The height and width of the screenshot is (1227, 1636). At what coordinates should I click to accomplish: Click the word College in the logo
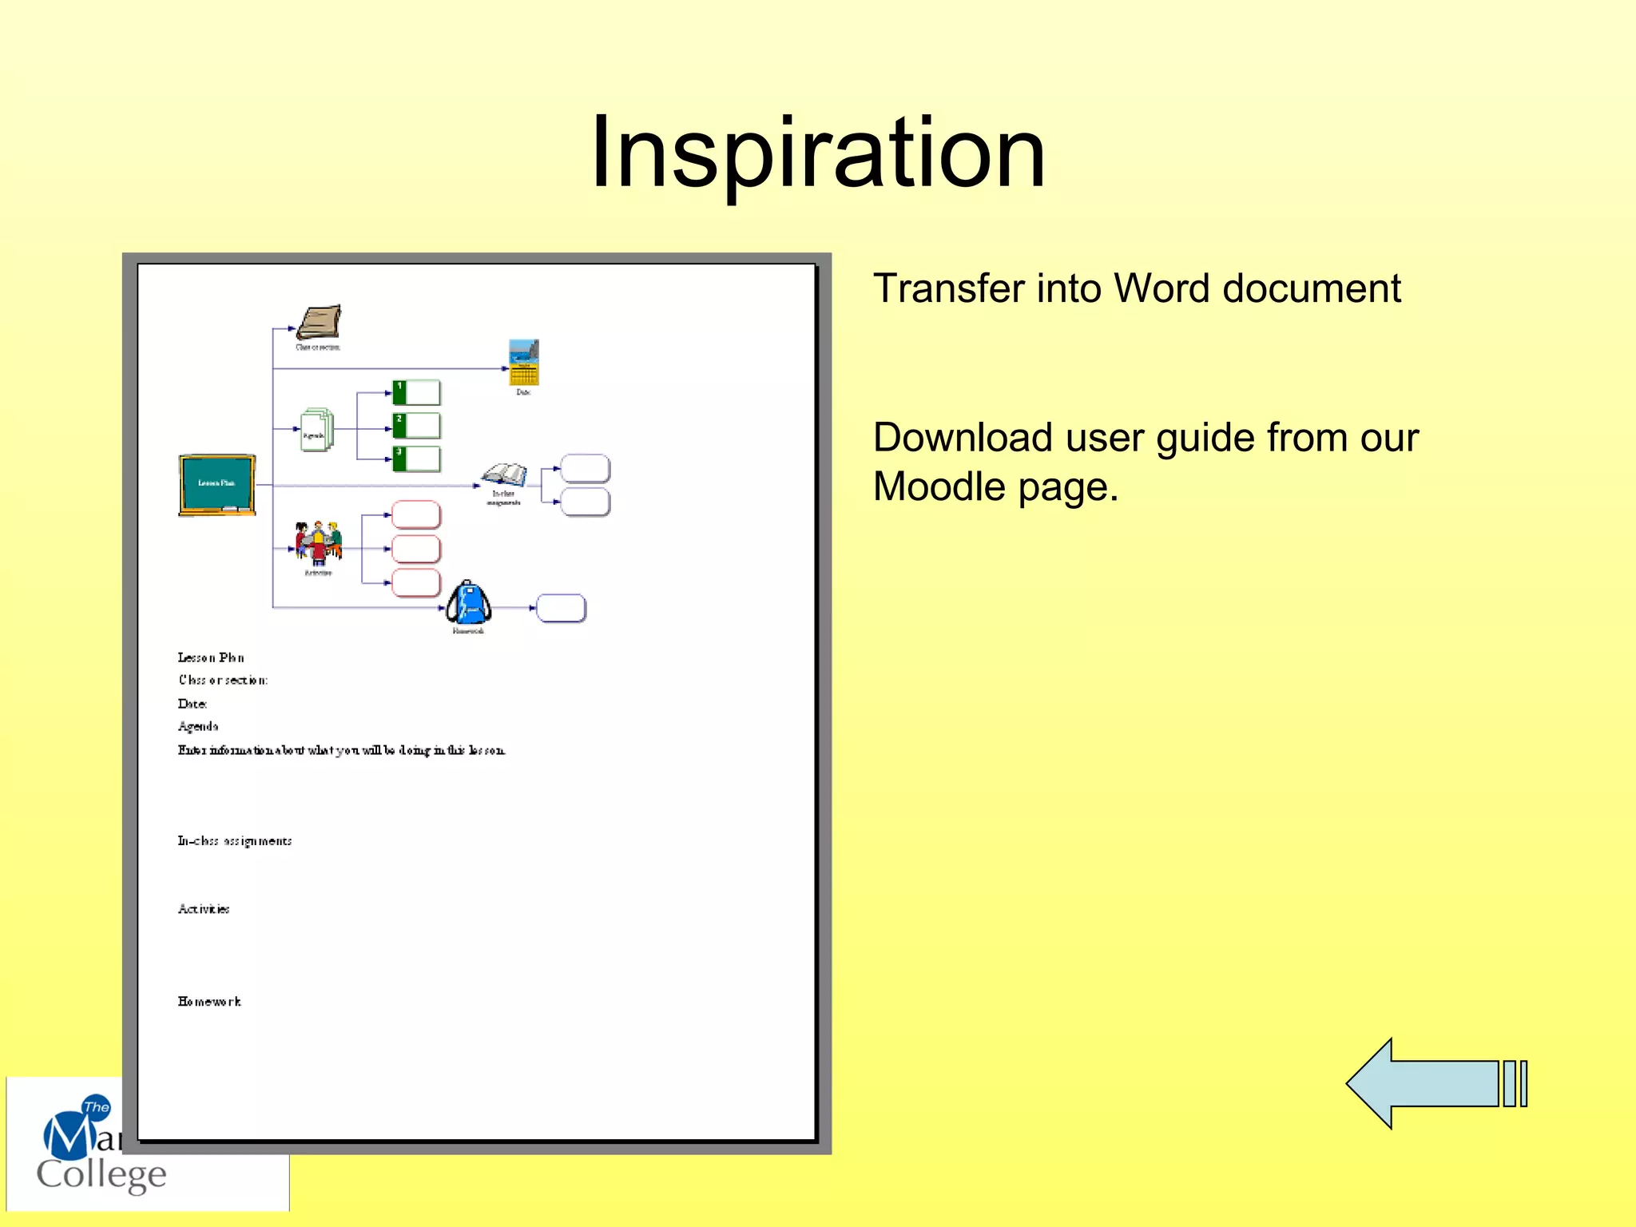point(101,1174)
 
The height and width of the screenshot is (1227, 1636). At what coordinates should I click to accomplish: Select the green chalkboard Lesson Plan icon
point(217,484)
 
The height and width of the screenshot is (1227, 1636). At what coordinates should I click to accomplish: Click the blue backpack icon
point(468,603)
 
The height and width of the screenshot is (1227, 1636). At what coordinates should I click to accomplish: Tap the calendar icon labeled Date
point(524,363)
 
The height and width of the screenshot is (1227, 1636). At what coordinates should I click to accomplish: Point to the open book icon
point(504,475)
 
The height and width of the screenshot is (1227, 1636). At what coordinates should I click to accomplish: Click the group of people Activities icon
point(318,543)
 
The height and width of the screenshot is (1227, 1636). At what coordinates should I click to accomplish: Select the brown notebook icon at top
point(319,323)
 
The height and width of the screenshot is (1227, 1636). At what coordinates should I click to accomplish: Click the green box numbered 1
point(416,392)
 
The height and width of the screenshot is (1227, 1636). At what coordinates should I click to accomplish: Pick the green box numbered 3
point(416,459)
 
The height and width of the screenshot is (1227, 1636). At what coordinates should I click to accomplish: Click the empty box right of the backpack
point(561,608)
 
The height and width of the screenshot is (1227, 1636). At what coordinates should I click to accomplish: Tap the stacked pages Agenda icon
point(316,430)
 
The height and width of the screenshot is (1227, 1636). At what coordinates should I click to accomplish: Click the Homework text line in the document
point(209,1001)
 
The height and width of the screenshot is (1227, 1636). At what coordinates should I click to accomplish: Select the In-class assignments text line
point(235,840)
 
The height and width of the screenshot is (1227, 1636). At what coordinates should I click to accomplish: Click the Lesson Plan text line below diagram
point(211,657)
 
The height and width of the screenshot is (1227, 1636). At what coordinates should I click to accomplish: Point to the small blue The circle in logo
point(97,1106)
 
